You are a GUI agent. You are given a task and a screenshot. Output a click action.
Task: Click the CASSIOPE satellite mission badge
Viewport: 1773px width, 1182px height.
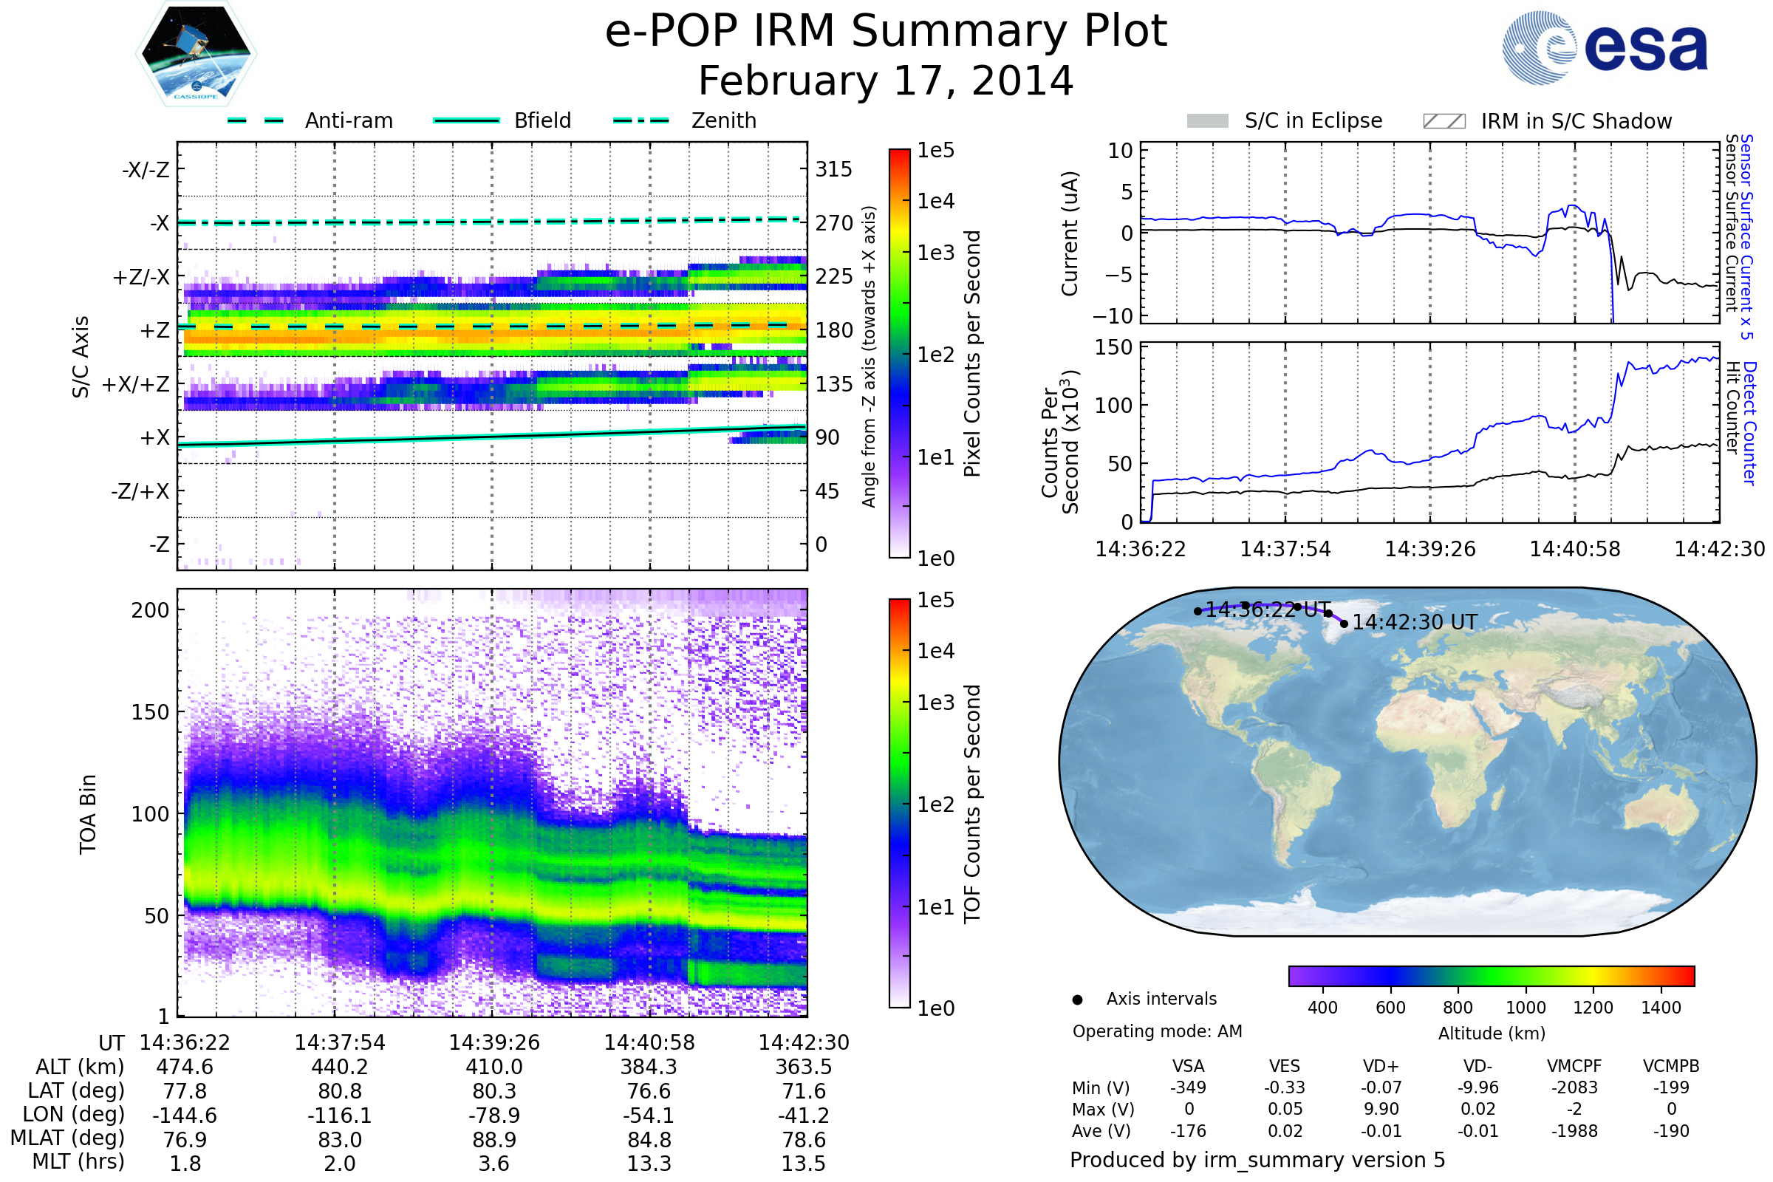tap(196, 53)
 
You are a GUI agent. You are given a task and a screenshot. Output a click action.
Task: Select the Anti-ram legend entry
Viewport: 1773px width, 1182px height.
tap(348, 120)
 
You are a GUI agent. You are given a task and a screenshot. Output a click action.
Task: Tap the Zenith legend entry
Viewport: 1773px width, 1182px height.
tap(723, 120)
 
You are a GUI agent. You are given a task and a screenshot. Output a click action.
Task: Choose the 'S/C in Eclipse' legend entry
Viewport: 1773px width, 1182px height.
tap(1313, 120)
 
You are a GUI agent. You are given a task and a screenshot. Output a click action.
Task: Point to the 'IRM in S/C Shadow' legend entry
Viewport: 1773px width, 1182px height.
tap(1576, 121)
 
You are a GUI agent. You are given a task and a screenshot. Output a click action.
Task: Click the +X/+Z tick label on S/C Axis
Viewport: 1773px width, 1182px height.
tap(136, 384)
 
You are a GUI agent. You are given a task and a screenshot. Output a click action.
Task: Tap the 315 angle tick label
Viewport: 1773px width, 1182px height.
tap(833, 169)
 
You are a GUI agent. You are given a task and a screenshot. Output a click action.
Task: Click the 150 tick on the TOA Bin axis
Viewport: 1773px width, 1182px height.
tap(150, 712)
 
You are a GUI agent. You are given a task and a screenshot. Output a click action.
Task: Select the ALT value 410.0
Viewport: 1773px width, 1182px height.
tap(493, 1067)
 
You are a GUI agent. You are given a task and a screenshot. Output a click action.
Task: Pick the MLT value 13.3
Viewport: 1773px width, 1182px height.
tap(649, 1163)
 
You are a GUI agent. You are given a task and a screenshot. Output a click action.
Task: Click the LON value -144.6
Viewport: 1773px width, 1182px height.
tap(185, 1115)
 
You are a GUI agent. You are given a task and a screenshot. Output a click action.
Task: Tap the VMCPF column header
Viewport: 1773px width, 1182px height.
tap(1574, 1066)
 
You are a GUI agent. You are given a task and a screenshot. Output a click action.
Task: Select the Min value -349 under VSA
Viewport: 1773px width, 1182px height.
tap(1188, 1087)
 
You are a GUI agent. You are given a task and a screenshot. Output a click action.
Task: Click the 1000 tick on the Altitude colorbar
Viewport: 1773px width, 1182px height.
tap(1526, 1008)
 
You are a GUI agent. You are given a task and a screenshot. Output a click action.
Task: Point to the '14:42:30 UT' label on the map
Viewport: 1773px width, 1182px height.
tap(1414, 623)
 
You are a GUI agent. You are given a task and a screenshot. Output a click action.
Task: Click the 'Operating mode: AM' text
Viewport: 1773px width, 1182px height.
tap(1157, 1031)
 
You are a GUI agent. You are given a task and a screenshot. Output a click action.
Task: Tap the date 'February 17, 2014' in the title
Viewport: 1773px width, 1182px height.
tap(886, 81)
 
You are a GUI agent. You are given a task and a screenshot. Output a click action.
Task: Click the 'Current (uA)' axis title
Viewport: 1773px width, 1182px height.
tap(1070, 233)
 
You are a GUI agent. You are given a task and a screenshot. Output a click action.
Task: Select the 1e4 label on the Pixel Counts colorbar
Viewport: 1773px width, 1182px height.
tap(935, 201)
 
